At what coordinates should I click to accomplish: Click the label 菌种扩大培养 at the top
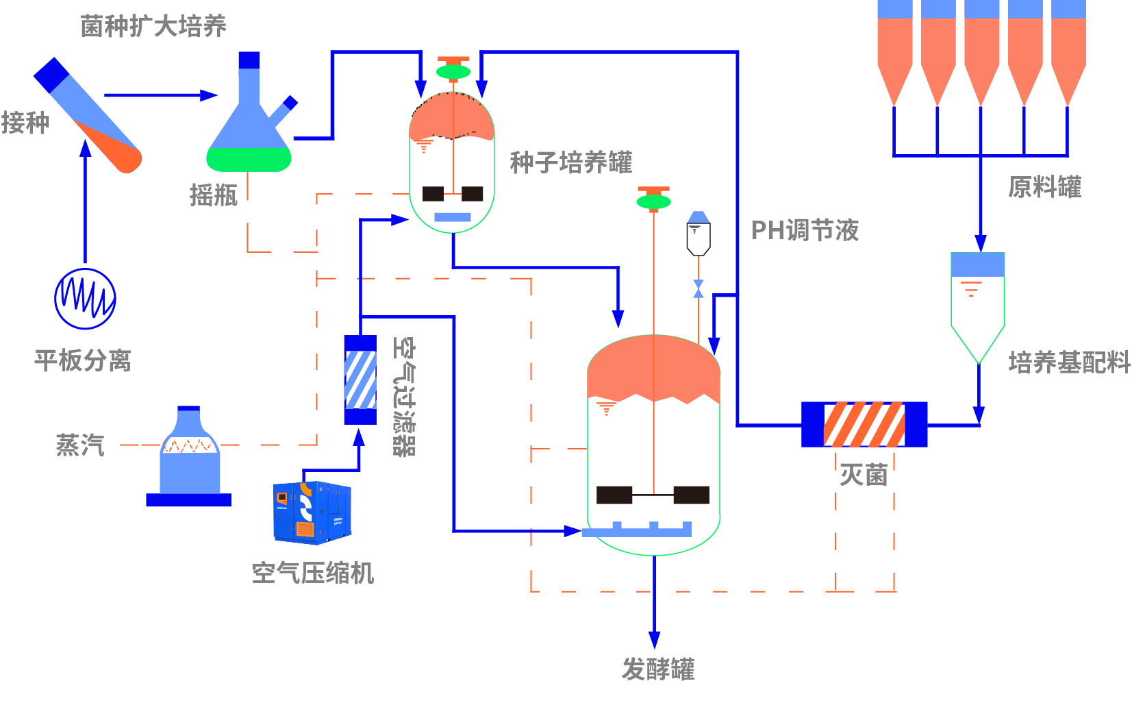153,26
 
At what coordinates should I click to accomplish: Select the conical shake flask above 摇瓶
249,130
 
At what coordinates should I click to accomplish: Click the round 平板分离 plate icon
85,299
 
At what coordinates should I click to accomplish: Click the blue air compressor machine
312,512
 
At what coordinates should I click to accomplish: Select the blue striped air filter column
360,380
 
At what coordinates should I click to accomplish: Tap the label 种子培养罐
570,162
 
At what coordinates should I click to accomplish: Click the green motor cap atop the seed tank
453,71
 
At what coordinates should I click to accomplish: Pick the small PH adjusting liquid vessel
699,234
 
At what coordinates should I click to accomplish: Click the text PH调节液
805,230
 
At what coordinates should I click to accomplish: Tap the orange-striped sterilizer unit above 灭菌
864,425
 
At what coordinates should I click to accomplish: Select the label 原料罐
1044,187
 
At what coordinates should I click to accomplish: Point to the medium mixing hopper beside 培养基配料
978,301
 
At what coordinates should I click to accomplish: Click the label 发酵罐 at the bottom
657,669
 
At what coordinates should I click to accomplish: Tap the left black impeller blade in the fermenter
614,495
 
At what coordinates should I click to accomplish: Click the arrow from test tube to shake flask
161,95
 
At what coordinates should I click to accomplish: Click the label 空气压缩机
312,573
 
